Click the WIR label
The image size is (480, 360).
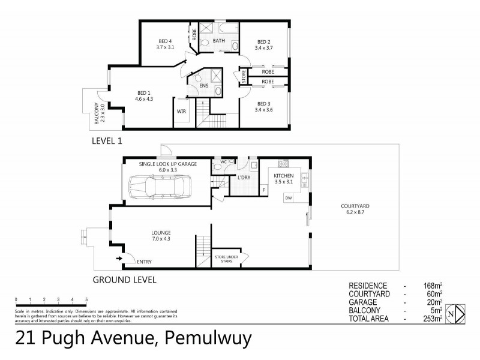[181, 112]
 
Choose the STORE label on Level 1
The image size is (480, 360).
[244, 78]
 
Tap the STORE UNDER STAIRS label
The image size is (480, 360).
[227, 259]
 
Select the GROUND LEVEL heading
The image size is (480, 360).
[125, 280]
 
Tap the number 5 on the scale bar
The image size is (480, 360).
[86, 298]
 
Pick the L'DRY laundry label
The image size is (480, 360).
[243, 178]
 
